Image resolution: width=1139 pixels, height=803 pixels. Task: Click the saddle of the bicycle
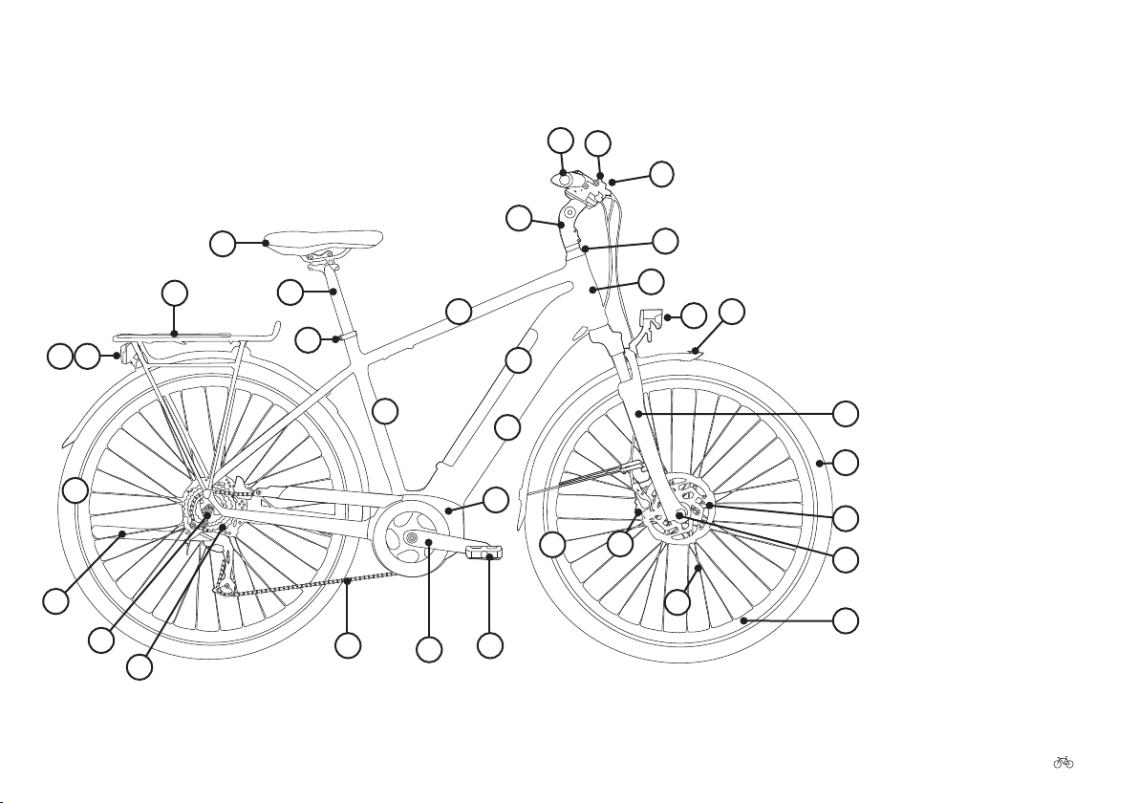325,238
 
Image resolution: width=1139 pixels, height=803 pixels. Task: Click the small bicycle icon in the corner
1063,762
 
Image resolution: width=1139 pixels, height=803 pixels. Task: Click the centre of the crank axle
412,540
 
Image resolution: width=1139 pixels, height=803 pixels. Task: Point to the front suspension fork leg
638,421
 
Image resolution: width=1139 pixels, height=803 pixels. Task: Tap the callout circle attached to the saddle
223,244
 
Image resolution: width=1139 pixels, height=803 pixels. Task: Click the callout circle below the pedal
490,645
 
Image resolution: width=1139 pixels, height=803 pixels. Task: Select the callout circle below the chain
349,645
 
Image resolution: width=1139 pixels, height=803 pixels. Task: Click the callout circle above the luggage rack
174,293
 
